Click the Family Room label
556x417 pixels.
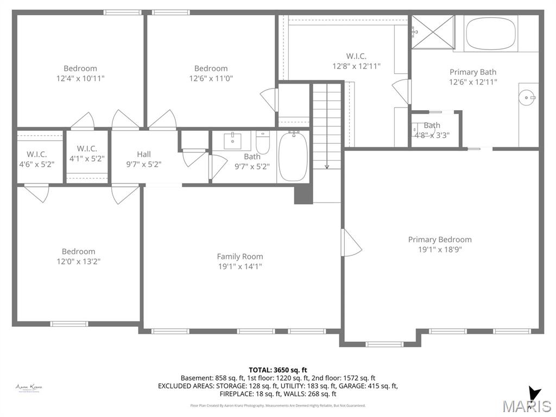tap(239, 256)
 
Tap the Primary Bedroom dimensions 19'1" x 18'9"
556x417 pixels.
tap(440, 249)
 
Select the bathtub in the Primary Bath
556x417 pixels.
tap(491, 33)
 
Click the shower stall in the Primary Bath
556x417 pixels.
tap(432, 32)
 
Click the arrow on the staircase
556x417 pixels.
tap(327, 166)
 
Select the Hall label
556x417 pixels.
tap(144, 154)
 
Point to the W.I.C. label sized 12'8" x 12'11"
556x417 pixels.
tap(356, 56)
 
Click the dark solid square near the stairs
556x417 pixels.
tap(303, 194)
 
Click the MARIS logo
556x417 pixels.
tap(526, 405)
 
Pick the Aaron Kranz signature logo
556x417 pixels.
tap(29, 387)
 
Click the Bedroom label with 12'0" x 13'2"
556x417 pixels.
tap(78, 251)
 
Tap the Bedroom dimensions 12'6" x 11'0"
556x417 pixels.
tap(211, 78)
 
